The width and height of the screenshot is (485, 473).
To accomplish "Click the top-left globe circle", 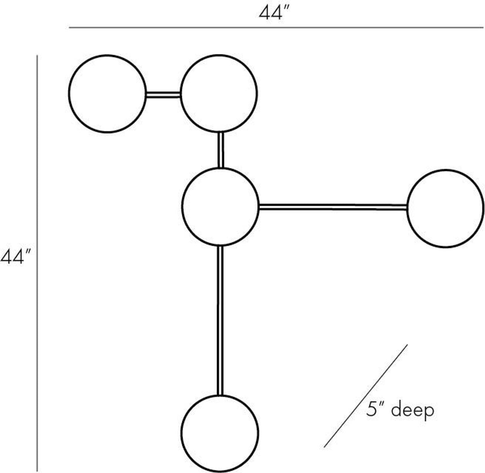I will (107, 93).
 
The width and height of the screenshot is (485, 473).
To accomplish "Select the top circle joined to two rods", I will (219, 93).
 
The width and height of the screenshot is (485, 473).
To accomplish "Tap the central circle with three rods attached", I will (220, 207).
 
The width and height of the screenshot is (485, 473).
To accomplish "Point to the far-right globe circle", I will (445, 208).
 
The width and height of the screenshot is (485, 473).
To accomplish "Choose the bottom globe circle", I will (220, 433).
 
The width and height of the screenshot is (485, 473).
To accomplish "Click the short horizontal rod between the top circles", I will (163, 95).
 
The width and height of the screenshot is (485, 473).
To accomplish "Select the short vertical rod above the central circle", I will (220, 150).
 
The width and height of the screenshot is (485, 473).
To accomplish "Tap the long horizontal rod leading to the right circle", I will (332, 207).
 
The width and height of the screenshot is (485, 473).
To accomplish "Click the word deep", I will (413, 410).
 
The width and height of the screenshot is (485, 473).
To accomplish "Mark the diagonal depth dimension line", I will (365, 396).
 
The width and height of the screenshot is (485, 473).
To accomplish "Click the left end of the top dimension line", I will (70, 28).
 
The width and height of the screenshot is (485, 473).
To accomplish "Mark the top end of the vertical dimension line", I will (37, 56).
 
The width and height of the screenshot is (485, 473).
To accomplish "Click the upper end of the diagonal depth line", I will (407, 345).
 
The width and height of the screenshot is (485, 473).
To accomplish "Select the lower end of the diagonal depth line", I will (324, 447).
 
